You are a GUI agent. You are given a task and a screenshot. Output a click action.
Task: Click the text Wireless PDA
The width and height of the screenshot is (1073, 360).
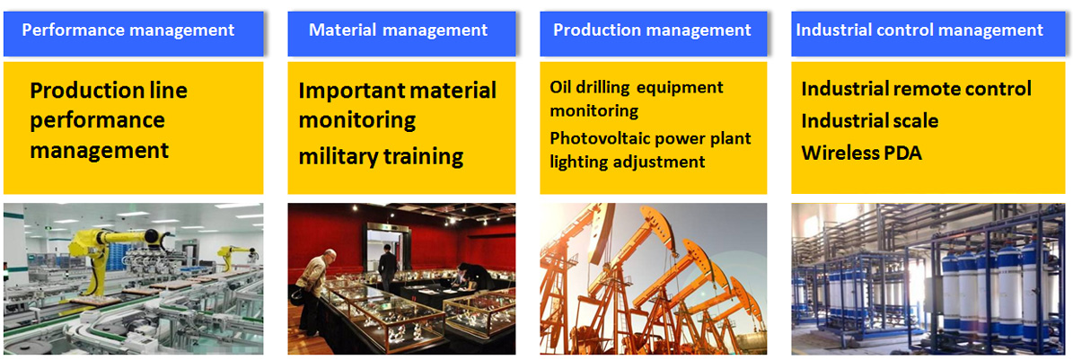point(862,154)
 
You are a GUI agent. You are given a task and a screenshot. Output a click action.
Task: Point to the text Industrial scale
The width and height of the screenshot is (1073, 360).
point(870,121)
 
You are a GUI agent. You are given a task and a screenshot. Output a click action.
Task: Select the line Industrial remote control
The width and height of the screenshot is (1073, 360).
point(916,89)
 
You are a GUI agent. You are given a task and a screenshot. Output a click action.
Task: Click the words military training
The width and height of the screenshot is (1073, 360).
point(381,157)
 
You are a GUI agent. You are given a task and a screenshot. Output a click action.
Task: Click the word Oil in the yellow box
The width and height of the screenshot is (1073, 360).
point(559,88)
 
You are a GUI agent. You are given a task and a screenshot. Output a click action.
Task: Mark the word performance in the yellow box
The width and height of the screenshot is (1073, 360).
point(98,121)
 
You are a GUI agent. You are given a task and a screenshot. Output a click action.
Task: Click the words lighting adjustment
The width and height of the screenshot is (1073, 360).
point(628,162)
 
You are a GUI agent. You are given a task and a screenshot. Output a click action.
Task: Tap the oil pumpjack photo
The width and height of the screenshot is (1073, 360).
point(654,278)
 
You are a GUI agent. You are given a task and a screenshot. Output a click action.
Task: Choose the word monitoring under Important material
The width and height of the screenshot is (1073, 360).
point(357,121)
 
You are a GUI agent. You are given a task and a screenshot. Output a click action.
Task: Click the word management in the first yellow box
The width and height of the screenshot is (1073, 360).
point(100,151)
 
